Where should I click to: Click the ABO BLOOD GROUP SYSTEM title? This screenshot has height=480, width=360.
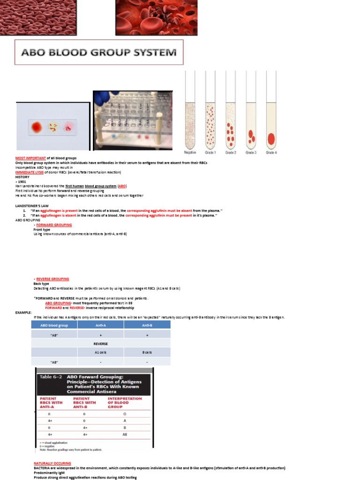pyautogui.click(x=99, y=52)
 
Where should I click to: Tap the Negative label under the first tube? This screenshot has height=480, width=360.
pyautogui.click(x=190, y=152)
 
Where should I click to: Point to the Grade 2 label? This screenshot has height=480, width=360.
pyautogui.click(x=231, y=152)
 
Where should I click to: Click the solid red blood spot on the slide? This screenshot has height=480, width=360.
pyautogui.click(x=36, y=127)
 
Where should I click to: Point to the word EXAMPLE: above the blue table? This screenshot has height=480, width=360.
pyautogui.click(x=23, y=312)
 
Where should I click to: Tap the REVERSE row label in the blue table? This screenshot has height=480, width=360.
pyautogui.click(x=101, y=343)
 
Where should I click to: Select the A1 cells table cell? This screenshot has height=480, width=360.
pyautogui.click(x=101, y=352)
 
